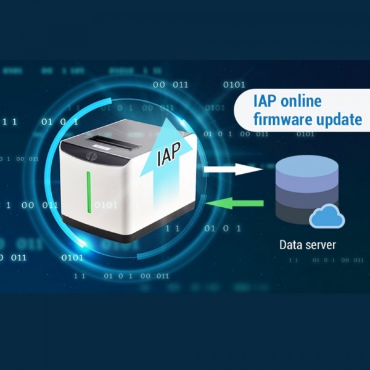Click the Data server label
[x=308, y=245]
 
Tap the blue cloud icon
[x=327, y=216]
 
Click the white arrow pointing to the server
[x=233, y=169]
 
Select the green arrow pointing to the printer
[x=234, y=203]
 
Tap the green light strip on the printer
[x=89, y=192]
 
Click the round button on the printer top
[x=91, y=155]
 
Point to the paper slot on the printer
[x=114, y=143]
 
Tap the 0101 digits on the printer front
[x=105, y=205]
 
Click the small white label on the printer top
[x=102, y=148]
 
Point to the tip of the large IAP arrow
[x=166, y=118]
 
